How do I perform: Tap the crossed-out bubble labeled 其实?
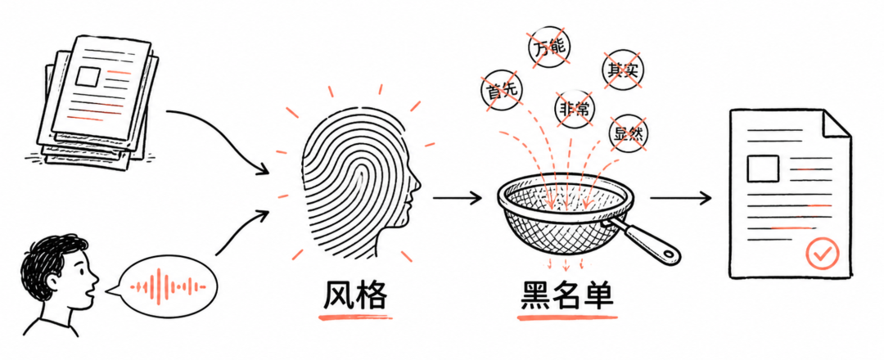[623, 70]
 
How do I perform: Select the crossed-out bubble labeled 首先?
[501, 90]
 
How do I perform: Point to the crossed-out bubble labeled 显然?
[628, 133]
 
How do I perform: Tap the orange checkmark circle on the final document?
[822, 254]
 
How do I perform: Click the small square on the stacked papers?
[88, 75]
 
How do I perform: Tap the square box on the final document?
[763, 169]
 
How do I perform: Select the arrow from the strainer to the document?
[680, 198]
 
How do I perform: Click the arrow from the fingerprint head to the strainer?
[458, 198]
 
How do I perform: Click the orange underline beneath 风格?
[354, 317]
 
